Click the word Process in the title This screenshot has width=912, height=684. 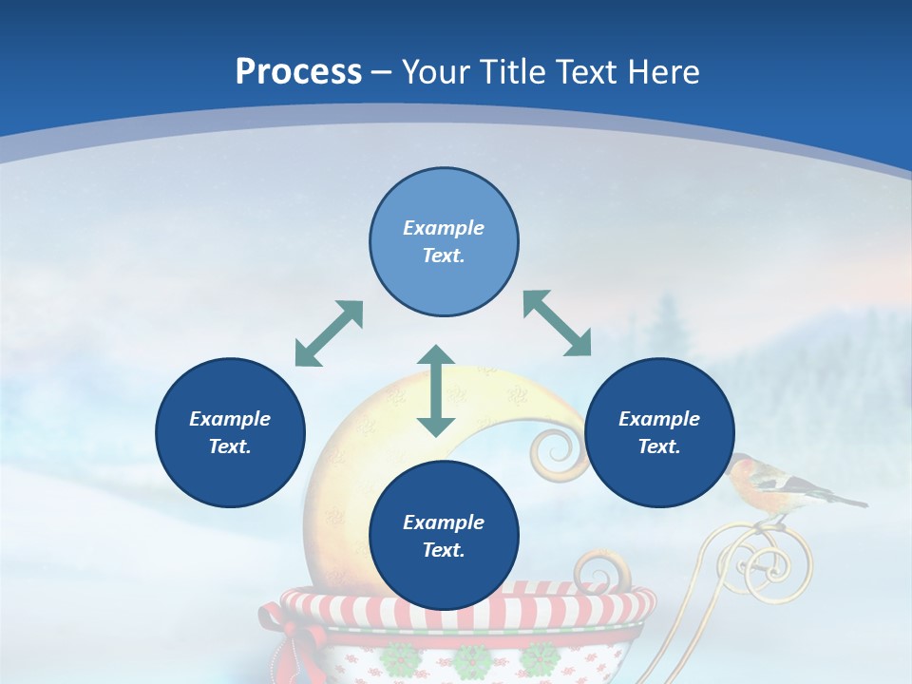point(298,71)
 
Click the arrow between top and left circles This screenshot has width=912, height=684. point(329,333)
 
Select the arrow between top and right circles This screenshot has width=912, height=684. point(558,323)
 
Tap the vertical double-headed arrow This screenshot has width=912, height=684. point(436,390)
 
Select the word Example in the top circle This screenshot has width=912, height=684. point(444,228)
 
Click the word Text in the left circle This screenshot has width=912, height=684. point(230,446)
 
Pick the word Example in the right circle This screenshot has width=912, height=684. point(659,419)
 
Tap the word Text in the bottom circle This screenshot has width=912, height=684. point(444,550)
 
